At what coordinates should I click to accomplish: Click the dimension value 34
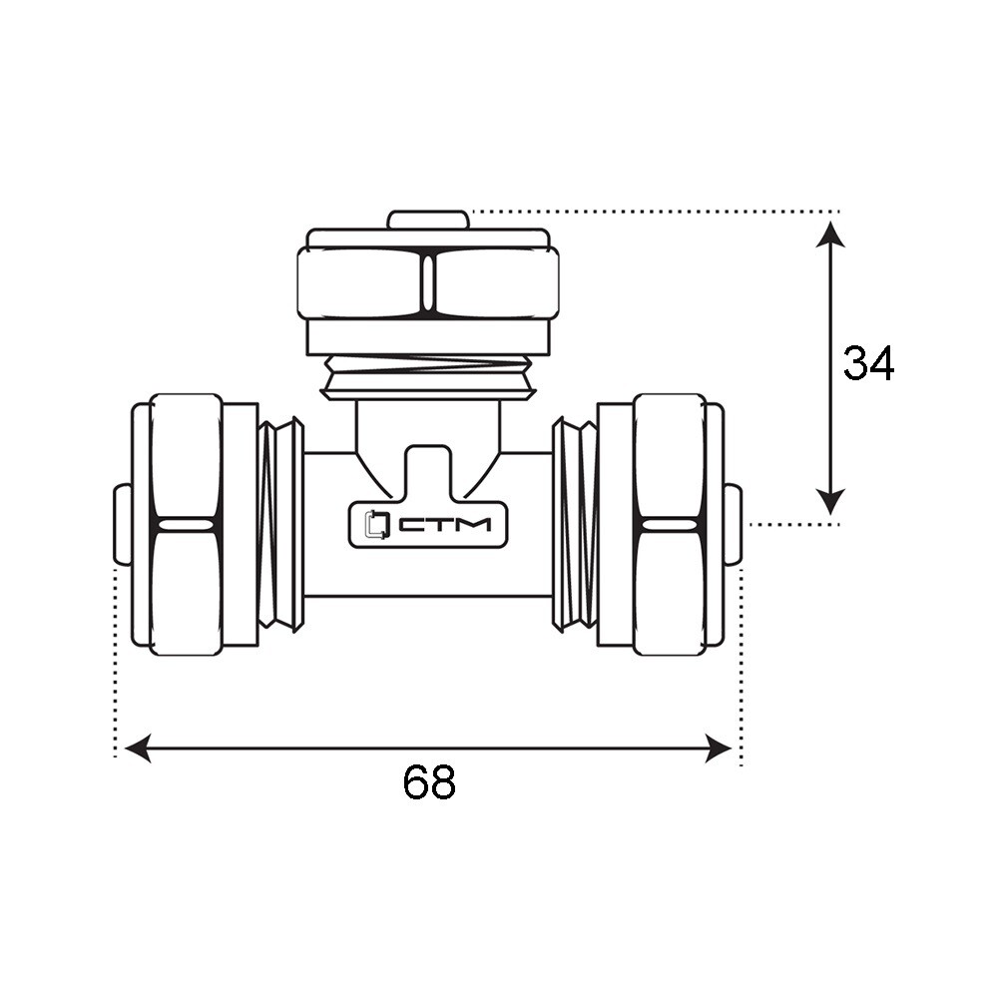(868, 363)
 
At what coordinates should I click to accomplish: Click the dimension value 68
(429, 782)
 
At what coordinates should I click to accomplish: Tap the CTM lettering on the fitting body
(445, 525)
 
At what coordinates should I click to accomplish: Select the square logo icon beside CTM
(375, 525)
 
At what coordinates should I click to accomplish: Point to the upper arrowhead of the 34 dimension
(830, 233)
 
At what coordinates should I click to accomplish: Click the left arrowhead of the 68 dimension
(138, 748)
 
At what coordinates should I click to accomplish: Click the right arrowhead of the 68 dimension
(719, 748)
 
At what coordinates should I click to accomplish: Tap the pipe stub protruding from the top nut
(429, 220)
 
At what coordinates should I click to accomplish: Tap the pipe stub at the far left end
(123, 525)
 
